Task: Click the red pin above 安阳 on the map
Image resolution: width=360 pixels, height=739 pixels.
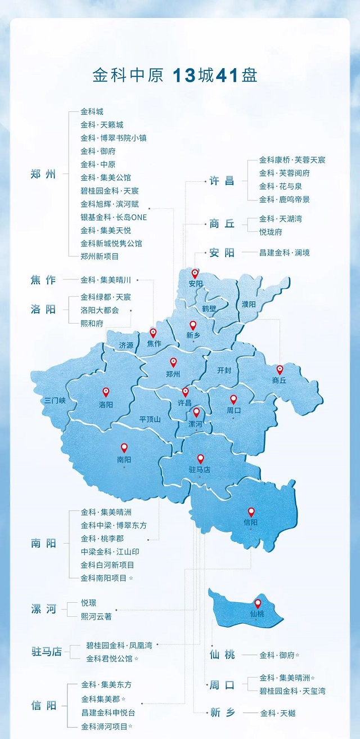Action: (195, 274)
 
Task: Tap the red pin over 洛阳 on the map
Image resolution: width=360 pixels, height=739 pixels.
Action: (106, 392)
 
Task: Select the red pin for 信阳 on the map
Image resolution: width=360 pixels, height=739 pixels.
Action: (251, 512)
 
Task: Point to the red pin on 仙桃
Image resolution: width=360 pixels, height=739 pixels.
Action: (258, 603)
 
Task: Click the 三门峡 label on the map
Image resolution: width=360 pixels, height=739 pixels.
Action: (56, 401)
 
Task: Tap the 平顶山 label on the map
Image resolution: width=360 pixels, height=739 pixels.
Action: (150, 419)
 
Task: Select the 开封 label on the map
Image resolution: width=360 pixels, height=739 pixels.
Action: (224, 370)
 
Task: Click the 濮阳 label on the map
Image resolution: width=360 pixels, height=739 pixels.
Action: (249, 304)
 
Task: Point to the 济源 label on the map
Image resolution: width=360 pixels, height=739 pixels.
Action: (127, 346)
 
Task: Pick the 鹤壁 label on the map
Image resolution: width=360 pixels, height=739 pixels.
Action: (209, 308)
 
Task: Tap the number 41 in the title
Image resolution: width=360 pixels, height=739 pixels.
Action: (227, 76)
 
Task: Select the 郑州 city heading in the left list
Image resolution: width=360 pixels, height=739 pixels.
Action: (43, 174)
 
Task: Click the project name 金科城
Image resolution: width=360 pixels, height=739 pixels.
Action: (92, 111)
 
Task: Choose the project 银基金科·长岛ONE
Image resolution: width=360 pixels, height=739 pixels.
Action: (113, 217)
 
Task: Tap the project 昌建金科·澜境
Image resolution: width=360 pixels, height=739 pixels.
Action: (284, 253)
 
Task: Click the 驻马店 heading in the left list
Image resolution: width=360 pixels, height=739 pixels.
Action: (46, 652)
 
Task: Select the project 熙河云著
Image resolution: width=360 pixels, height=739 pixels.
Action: (96, 616)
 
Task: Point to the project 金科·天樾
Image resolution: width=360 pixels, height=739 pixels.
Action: (277, 713)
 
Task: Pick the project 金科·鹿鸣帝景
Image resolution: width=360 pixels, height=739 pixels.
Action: (284, 199)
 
